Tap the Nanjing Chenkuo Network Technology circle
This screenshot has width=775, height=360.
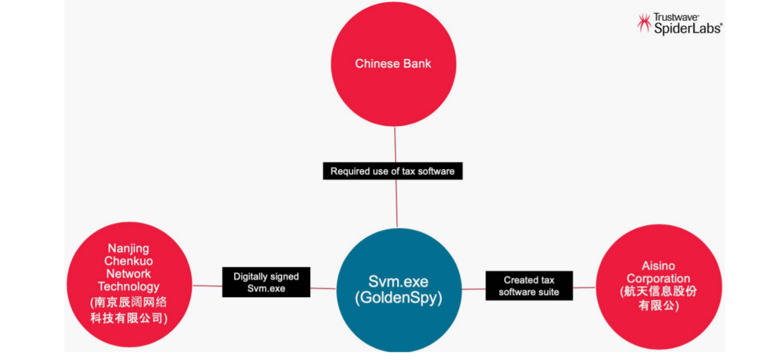[x=129, y=284]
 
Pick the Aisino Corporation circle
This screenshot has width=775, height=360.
[x=658, y=287]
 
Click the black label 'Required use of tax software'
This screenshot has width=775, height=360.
[x=392, y=171]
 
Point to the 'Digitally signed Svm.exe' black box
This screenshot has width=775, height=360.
[x=266, y=282]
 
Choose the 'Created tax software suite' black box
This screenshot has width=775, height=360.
[x=529, y=285]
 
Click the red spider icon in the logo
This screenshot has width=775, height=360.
[x=644, y=23]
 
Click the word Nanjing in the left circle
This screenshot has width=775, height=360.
[x=129, y=248]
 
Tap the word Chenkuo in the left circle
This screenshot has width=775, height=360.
[x=129, y=261]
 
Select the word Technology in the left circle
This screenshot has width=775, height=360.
[x=129, y=286]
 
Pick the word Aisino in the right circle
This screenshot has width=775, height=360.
[x=658, y=266]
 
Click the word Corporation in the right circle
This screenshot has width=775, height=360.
[x=658, y=279]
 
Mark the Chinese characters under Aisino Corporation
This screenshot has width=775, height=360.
[x=658, y=298]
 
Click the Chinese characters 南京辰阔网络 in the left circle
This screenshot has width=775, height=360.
[x=129, y=302]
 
